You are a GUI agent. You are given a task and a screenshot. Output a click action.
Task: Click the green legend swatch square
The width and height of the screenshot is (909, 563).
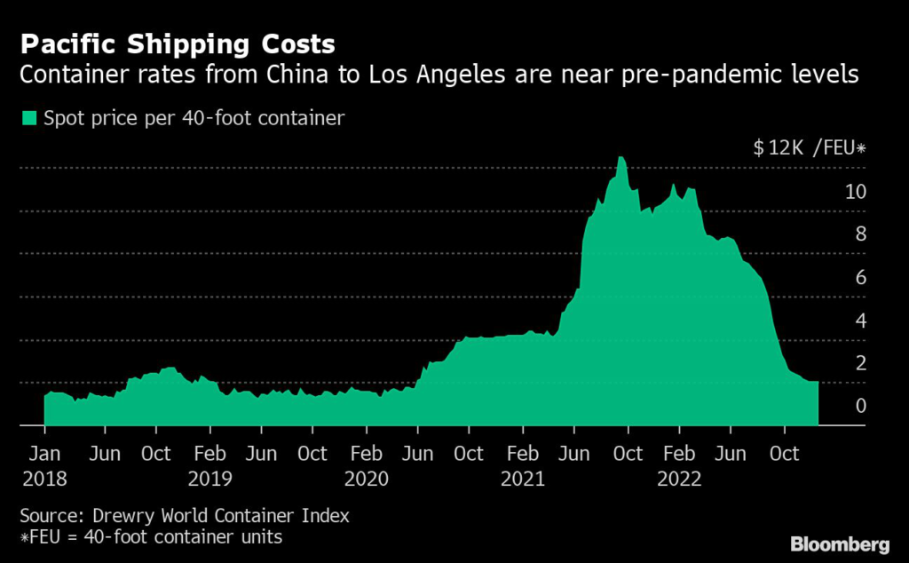click(x=29, y=117)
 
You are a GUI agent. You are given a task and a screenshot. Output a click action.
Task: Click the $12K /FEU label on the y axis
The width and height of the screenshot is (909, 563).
click(x=809, y=148)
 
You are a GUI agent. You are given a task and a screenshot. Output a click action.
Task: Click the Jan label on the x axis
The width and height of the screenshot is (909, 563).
click(x=44, y=454)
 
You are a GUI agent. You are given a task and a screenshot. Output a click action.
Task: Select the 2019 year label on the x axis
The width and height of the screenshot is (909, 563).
click(x=210, y=480)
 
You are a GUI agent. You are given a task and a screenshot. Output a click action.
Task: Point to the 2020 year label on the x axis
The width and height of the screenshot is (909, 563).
click(x=367, y=480)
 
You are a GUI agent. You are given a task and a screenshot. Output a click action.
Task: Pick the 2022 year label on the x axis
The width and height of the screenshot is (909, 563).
click(x=679, y=480)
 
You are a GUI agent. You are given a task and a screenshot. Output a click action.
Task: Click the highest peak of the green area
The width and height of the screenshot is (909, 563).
click(x=621, y=158)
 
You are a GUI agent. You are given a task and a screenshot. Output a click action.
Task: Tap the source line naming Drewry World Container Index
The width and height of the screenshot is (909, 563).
click(x=184, y=515)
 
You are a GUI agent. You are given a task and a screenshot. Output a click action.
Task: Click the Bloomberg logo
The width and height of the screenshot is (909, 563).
click(x=839, y=543)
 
